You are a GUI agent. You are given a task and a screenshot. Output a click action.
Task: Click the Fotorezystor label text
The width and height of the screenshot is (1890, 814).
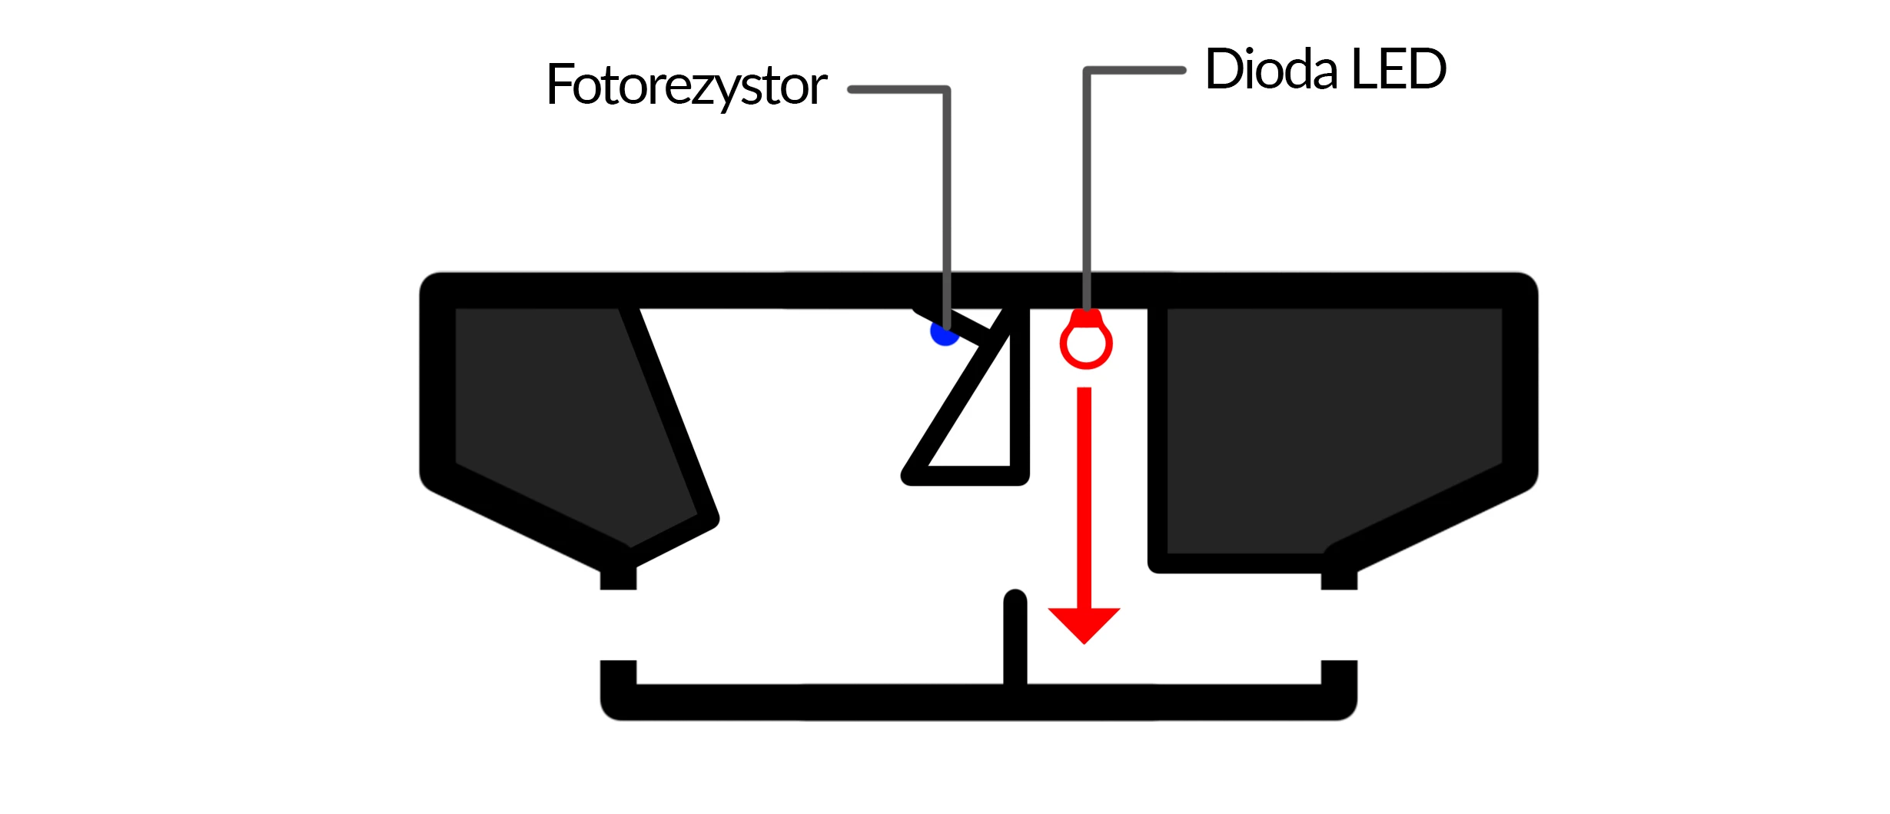point(686,85)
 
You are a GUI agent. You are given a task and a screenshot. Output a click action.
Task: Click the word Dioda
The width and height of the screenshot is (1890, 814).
point(1271,69)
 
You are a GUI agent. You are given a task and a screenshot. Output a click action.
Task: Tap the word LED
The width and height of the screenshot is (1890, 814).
point(1398,69)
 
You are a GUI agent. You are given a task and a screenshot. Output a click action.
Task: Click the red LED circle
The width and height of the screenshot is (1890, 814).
point(1085,345)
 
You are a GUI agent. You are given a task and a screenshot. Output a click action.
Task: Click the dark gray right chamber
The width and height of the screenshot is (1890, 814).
point(1330,423)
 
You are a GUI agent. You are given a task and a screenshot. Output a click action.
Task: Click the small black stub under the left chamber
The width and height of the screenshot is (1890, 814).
point(618,577)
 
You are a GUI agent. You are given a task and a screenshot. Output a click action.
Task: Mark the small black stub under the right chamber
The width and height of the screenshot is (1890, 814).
point(1339,577)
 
